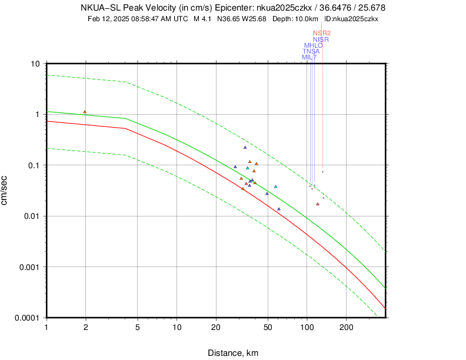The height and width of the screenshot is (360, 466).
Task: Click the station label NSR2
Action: (x=322, y=33)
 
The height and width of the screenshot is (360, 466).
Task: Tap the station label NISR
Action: (x=321, y=39)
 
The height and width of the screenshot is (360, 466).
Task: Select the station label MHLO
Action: (x=313, y=45)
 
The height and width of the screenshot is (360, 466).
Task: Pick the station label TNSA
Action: (x=311, y=51)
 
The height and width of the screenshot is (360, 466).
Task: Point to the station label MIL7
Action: (x=309, y=57)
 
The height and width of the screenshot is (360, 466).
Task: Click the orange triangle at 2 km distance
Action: (x=85, y=112)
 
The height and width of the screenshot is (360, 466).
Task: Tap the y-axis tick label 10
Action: (x=35, y=64)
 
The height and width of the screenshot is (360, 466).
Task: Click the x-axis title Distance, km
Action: (x=232, y=353)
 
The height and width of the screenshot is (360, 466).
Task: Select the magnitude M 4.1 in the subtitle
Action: (x=203, y=19)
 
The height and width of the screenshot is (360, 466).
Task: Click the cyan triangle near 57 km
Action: (x=275, y=186)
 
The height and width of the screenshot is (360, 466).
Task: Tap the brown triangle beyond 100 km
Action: (x=318, y=204)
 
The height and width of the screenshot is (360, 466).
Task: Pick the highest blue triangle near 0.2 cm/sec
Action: (x=245, y=147)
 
